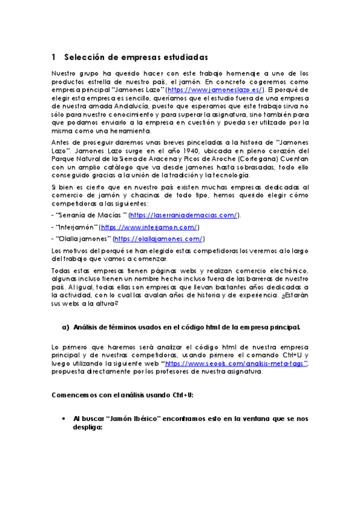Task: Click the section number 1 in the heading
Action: point(53,57)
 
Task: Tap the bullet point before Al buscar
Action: point(64,417)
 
